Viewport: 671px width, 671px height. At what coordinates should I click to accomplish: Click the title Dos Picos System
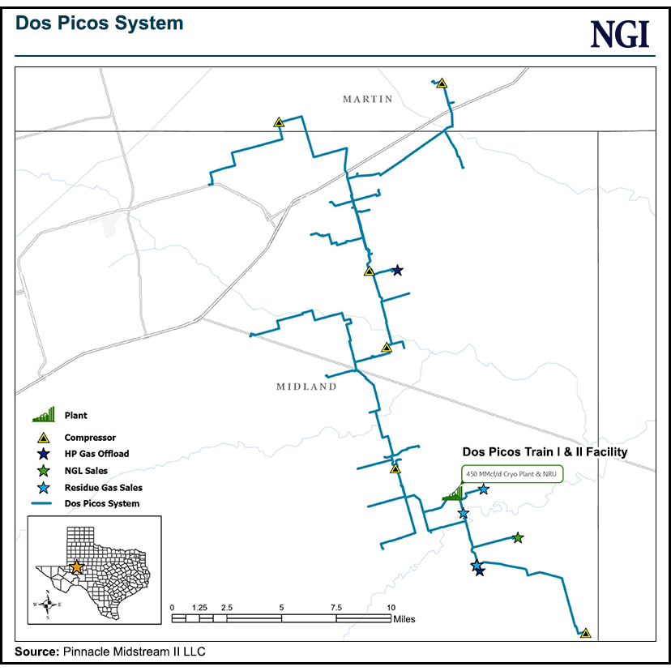(x=100, y=24)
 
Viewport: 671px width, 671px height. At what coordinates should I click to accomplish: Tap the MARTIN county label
(x=367, y=100)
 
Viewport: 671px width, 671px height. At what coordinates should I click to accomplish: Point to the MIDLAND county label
(x=306, y=387)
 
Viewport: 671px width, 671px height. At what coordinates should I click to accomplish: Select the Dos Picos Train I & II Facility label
(x=544, y=452)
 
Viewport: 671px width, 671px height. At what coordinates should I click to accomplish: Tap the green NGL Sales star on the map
(x=518, y=537)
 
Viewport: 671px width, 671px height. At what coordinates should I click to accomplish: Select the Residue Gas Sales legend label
(x=103, y=488)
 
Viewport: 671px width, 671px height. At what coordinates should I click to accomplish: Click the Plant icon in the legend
(x=45, y=416)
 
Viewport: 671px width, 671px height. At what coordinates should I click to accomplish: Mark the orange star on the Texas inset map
(x=75, y=566)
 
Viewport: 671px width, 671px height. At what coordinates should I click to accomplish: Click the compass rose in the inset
(x=49, y=604)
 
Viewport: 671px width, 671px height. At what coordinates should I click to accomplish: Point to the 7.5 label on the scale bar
(x=336, y=607)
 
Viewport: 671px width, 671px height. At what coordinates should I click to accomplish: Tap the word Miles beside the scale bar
(x=404, y=619)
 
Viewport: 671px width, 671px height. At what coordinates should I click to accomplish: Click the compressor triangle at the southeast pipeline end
(x=585, y=633)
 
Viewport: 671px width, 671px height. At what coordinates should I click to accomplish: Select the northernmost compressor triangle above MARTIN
(x=442, y=83)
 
